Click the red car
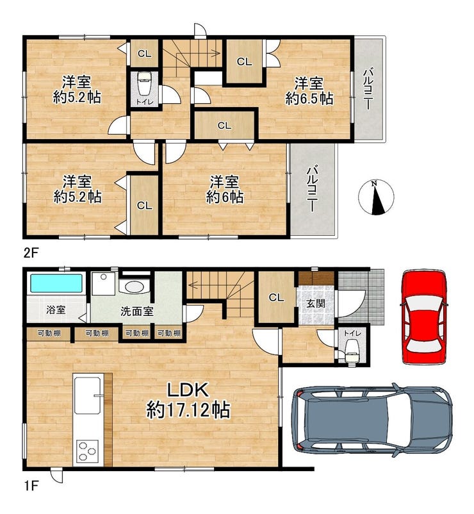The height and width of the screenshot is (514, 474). pyautogui.click(x=424, y=317)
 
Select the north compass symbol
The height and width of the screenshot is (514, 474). pyautogui.click(x=376, y=197)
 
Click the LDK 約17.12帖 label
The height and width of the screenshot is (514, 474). pyautogui.click(x=188, y=401)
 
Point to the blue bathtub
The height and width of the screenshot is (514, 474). pyautogui.click(x=56, y=283)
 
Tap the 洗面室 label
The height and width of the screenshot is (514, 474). pyautogui.click(x=137, y=311)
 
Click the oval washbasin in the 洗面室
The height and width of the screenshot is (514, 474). pyautogui.click(x=135, y=287)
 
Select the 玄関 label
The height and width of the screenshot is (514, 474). pyautogui.click(x=316, y=304)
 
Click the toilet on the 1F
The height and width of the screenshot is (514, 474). pyautogui.click(x=352, y=351)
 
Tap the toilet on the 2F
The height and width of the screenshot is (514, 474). pyautogui.click(x=145, y=83)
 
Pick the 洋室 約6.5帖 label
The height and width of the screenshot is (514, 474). pyautogui.click(x=309, y=91)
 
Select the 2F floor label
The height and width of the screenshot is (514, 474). pyautogui.click(x=31, y=253)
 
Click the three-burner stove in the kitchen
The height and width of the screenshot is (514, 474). pyautogui.click(x=88, y=451)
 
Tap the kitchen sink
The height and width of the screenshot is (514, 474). pyautogui.click(x=87, y=395)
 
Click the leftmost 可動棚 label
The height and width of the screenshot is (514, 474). pyautogui.click(x=49, y=334)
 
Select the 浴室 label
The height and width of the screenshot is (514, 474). pyautogui.click(x=56, y=310)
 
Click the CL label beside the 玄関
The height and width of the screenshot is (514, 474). pyautogui.click(x=276, y=297)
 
